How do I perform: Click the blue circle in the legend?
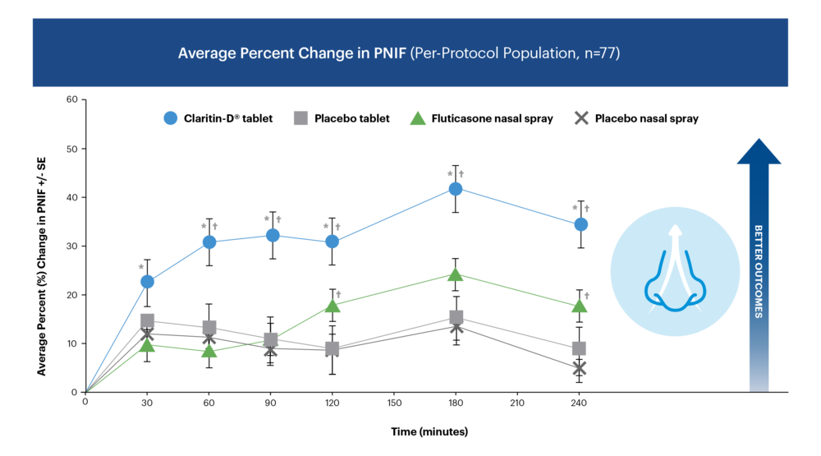point(171,117)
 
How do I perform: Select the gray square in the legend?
point(300,117)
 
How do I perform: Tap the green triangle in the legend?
point(418,117)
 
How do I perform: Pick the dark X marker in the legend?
point(581,118)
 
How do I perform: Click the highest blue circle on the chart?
point(456,189)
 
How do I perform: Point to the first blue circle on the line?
point(147,281)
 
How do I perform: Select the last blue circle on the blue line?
point(580,223)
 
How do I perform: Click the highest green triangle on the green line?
point(456,274)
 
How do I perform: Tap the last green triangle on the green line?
point(579,306)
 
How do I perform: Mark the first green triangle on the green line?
point(147,346)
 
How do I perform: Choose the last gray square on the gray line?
point(579,348)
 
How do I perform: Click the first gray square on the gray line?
point(148,320)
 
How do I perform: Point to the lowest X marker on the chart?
point(579,368)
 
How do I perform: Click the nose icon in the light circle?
point(672,270)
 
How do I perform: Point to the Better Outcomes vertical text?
point(759,271)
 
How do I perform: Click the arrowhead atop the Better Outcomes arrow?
point(759,151)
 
